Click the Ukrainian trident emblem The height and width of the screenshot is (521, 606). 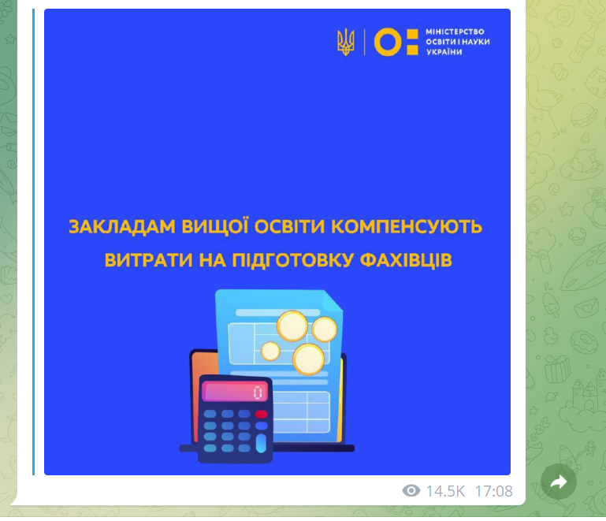tap(345, 42)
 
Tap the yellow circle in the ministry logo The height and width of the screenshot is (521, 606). tap(388, 42)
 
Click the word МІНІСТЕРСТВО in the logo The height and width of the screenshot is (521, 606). tap(455, 32)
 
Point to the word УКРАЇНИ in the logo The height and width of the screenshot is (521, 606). tap(444, 52)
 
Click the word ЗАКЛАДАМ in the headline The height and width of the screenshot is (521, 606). tap(122, 227)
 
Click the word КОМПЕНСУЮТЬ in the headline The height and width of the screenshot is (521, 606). tap(407, 227)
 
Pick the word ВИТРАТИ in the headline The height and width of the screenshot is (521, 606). tap(148, 260)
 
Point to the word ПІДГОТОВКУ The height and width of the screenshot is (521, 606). tap(292, 260)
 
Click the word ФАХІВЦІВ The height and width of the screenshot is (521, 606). tap(406, 260)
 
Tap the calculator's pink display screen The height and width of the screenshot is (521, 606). tap(235, 392)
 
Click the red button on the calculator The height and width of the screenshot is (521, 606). tap(262, 415)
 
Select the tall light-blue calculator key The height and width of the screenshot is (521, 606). tap(262, 443)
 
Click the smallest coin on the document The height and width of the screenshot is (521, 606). tap(270, 351)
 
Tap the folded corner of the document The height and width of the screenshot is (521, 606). tap(333, 300)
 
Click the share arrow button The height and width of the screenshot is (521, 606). tap(559, 482)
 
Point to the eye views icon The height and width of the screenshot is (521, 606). tap(411, 491)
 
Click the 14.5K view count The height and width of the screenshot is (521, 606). tap(445, 491)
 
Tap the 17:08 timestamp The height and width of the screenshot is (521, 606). tap(493, 491)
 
